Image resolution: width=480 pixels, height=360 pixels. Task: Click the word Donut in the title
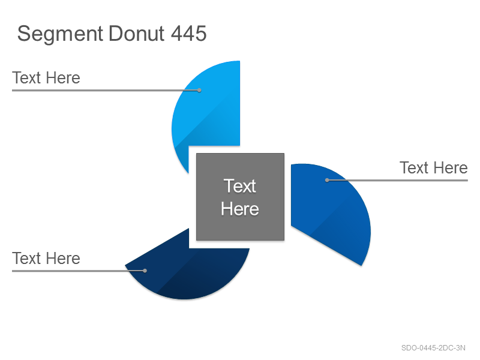click(x=136, y=33)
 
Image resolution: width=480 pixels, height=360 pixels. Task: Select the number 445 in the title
click(x=188, y=33)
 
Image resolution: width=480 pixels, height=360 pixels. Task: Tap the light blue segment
click(x=211, y=110)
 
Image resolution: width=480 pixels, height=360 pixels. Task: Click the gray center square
click(x=241, y=197)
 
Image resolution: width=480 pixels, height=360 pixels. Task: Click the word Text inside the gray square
click(x=239, y=186)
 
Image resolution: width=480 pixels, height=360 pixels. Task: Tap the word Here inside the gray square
click(x=240, y=209)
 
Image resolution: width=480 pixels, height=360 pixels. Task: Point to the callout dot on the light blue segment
click(x=199, y=91)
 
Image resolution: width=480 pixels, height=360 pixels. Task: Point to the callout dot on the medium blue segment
click(x=327, y=181)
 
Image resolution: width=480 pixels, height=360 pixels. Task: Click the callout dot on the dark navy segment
click(x=145, y=271)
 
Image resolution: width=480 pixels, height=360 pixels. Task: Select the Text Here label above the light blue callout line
click(x=46, y=78)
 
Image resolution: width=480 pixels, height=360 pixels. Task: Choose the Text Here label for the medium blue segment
click(x=434, y=168)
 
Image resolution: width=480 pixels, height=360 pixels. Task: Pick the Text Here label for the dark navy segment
click(x=46, y=259)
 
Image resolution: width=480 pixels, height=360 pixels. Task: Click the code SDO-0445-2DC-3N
click(x=433, y=348)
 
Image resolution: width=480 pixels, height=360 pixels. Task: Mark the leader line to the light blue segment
click(x=106, y=91)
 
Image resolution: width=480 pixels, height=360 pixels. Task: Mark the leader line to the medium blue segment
click(x=398, y=181)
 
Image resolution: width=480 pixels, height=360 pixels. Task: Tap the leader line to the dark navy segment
click(x=79, y=271)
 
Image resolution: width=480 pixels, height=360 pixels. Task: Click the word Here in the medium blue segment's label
click(x=451, y=168)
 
